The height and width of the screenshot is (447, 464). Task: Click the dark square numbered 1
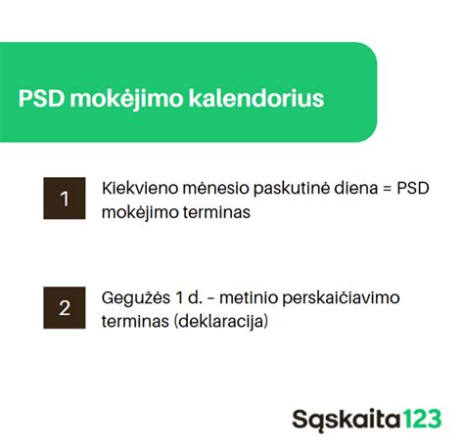pyautogui.click(x=65, y=199)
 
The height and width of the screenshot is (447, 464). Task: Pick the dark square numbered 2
pyautogui.click(x=65, y=307)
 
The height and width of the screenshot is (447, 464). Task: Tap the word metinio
pyautogui.click(x=250, y=296)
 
